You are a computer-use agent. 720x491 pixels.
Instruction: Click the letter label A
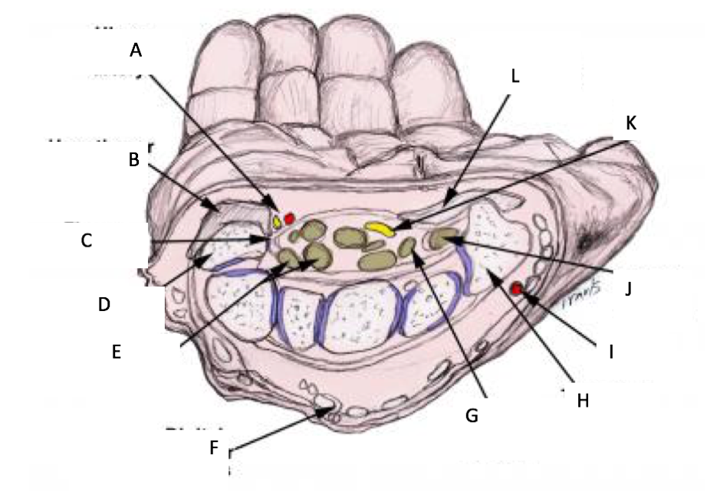[x=136, y=51]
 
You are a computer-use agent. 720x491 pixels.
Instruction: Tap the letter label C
[x=87, y=241]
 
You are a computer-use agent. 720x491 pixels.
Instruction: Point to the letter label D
[x=104, y=304]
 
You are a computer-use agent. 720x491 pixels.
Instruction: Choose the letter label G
[x=473, y=415]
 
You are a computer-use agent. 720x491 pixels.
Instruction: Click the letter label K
[x=631, y=123]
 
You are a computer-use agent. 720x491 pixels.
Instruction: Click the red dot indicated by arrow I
[x=517, y=289]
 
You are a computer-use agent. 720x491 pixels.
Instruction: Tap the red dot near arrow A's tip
[x=289, y=219]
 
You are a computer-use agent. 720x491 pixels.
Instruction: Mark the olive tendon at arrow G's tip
[x=409, y=247]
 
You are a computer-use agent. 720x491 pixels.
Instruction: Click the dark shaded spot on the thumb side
[x=593, y=239]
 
